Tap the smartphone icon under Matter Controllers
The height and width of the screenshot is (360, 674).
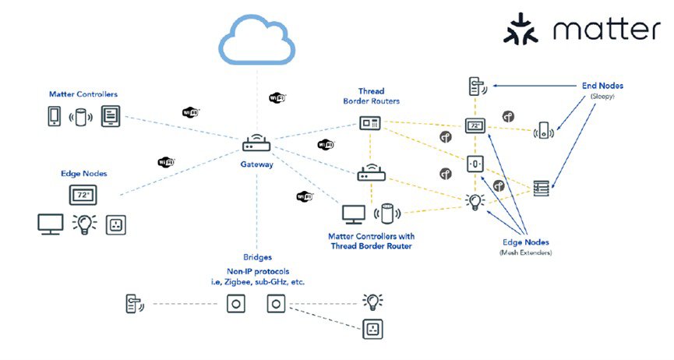pos(53,118)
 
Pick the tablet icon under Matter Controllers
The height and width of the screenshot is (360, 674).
pos(109,118)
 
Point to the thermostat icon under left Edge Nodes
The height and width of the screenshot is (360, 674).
pos(82,193)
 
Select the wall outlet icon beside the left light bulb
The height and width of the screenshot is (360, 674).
pos(115,224)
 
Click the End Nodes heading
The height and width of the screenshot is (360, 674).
pos(602,86)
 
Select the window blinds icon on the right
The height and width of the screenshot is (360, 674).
pos(541,187)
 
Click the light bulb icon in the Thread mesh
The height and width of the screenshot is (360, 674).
pos(474,202)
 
